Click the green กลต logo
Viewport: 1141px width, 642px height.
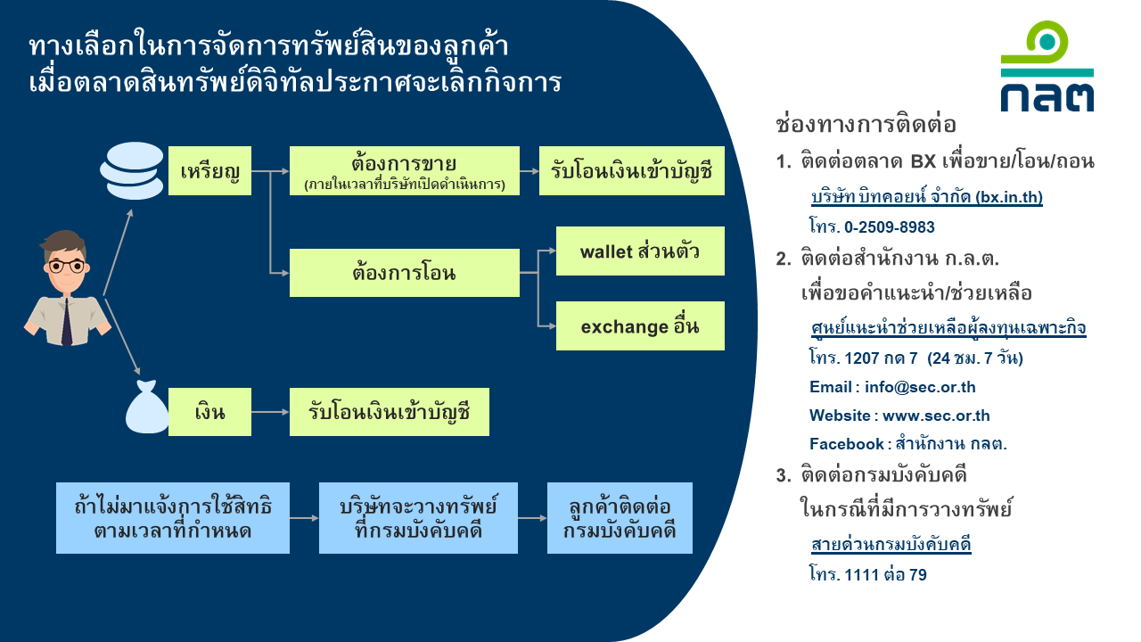(x=1047, y=66)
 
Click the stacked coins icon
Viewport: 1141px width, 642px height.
(x=132, y=170)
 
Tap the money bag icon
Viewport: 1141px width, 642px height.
(x=147, y=407)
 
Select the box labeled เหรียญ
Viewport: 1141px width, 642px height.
(x=209, y=170)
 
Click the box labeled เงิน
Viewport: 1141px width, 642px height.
(x=209, y=412)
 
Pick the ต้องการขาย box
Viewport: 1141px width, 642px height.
(x=405, y=170)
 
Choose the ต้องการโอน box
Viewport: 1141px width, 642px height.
(x=405, y=273)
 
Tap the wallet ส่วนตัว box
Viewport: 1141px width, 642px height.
(x=640, y=251)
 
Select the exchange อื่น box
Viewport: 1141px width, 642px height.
(x=640, y=325)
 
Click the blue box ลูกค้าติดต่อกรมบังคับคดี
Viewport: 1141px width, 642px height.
(x=620, y=518)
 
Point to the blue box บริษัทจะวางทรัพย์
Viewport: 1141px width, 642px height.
(x=418, y=518)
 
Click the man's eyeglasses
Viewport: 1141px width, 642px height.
(x=67, y=266)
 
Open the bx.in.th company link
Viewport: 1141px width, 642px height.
(x=927, y=197)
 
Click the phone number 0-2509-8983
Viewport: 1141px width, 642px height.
(x=890, y=226)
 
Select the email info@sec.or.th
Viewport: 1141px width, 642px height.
(x=920, y=387)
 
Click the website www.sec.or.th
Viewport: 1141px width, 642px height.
(x=936, y=416)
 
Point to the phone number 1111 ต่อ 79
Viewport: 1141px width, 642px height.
(x=886, y=575)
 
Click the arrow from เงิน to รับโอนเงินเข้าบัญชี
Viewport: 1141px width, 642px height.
(x=270, y=412)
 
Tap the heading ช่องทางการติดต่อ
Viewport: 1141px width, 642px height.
(x=866, y=125)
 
